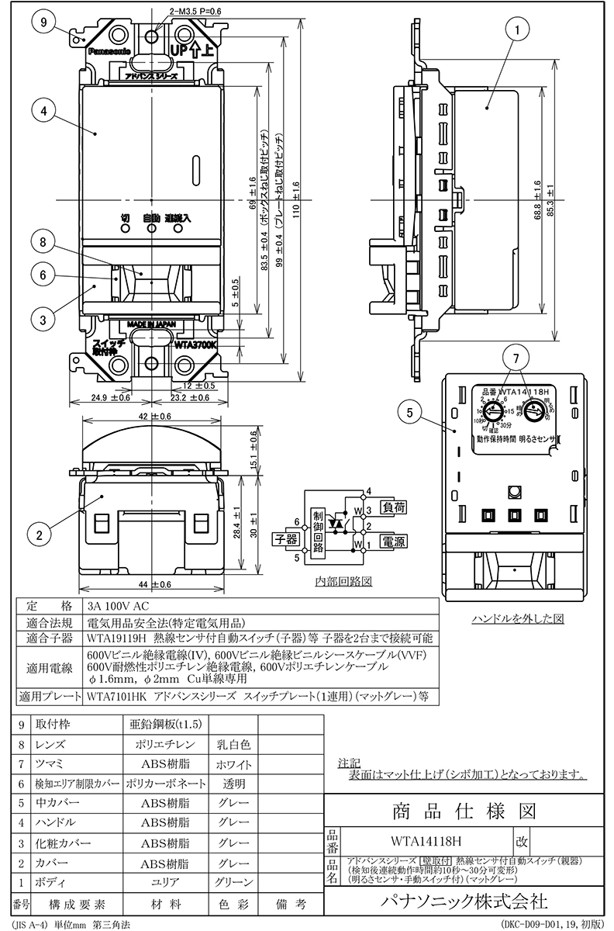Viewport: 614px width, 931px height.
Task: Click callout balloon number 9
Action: coord(44,22)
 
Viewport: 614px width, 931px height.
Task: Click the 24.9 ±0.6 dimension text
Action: coord(104,397)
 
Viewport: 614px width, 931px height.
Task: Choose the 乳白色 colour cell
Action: coord(233,745)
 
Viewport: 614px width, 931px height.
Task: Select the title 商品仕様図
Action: coord(461,812)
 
